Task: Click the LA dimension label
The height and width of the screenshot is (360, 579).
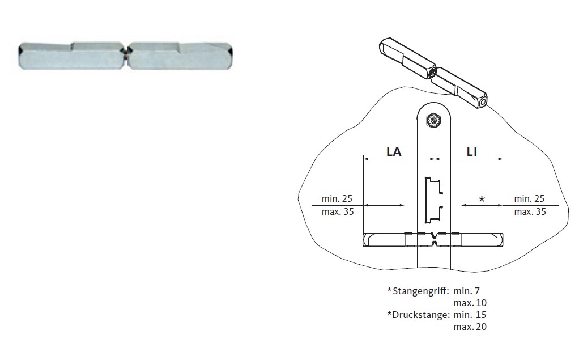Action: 394,151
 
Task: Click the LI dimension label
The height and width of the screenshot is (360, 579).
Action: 471,151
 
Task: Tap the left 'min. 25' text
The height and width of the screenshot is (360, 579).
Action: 337,199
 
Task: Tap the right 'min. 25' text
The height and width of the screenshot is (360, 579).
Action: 530,199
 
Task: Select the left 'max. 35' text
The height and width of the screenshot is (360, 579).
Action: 337,212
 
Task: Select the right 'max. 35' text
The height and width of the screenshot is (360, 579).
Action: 530,212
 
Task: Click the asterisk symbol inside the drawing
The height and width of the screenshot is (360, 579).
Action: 482,199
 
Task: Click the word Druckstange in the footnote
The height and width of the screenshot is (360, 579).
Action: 421,315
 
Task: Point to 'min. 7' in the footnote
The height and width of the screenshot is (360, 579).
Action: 467,291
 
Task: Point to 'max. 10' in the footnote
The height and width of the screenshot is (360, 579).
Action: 470,303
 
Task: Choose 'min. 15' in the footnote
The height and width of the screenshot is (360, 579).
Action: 470,315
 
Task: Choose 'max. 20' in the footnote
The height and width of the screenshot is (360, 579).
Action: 470,327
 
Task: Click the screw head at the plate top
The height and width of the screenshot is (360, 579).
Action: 434,120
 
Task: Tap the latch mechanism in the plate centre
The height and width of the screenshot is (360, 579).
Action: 433,200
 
